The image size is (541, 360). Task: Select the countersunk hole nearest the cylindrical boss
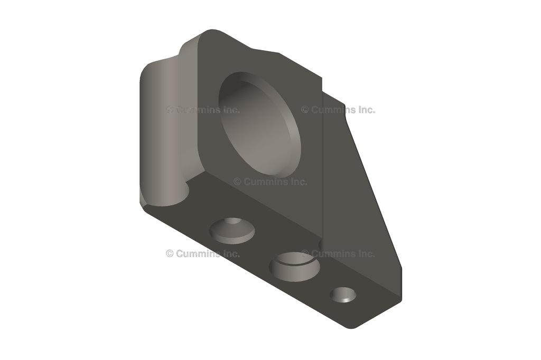(x=232, y=230)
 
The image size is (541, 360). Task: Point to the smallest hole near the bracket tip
(x=343, y=295)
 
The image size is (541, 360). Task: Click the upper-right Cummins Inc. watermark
(x=338, y=110)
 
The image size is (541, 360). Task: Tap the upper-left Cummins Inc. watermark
(x=203, y=110)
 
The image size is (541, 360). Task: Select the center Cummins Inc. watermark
(x=270, y=182)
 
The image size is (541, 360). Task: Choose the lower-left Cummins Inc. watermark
(x=203, y=253)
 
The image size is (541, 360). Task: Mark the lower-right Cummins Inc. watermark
(x=338, y=253)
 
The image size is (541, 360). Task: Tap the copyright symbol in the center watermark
(x=237, y=182)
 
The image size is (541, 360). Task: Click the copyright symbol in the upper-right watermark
(x=305, y=110)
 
